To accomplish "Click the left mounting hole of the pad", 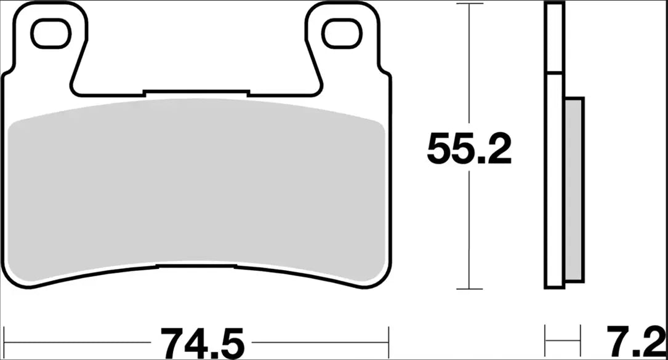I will pyautogui.click(x=50, y=34).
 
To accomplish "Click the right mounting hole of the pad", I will pyautogui.click(x=342, y=34).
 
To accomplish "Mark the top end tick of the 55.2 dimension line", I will pyautogui.click(x=470, y=4).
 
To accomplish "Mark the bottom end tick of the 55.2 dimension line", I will pyautogui.click(x=470, y=289).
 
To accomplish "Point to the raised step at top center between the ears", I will pyautogui.click(x=196, y=93).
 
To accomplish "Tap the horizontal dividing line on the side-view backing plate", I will pyautogui.click(x=554, y=74).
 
